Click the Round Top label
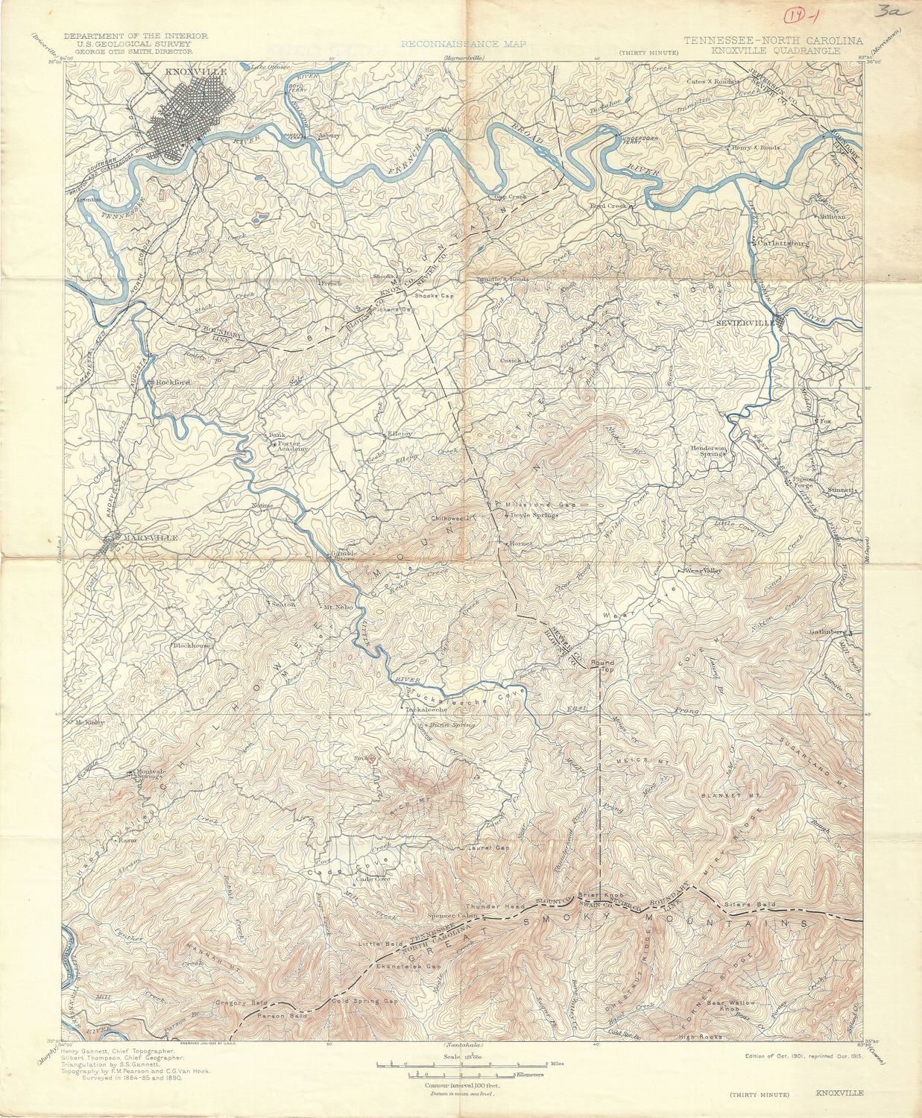tap(601, 666)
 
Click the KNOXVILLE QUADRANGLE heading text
tap(775, 51)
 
